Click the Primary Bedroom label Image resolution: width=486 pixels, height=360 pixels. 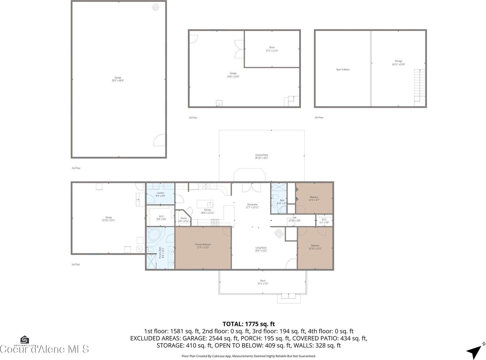point(203,244)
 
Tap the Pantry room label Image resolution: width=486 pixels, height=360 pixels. point(184,218)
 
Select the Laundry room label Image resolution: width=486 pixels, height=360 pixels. point(160,193)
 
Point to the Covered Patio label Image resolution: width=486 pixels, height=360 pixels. point(262,155)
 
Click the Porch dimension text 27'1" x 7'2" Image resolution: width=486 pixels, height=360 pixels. point(263,284)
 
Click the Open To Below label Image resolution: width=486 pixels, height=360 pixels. point(343,70)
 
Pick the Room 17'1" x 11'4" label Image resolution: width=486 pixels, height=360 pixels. point(272,49)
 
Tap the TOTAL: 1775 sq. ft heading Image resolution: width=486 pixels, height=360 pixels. point(248,324)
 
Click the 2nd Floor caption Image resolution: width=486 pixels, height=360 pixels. point(76,168)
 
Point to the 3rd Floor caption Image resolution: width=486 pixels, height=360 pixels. point(193,118)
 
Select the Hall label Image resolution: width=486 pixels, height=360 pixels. point(294,218)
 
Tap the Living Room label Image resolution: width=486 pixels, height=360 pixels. point(261,248)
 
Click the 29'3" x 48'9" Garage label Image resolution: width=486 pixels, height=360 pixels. point(118,79)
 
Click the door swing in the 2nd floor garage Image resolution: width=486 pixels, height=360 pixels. point(159,140)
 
